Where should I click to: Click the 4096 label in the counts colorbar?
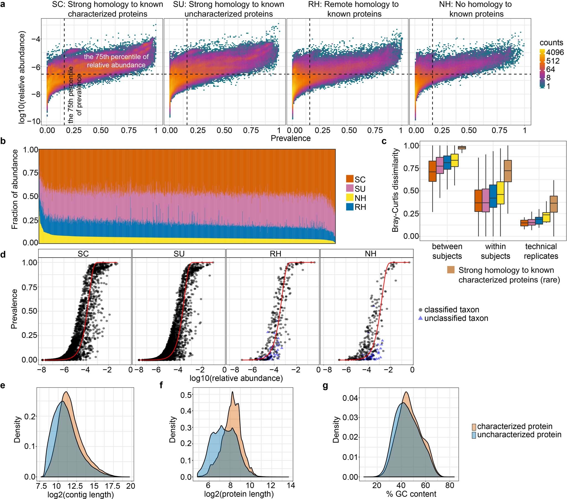[555, 52]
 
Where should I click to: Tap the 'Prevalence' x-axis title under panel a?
[290, 138]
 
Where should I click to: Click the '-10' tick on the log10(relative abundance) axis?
[33, 121]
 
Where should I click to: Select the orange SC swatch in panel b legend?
[350, 179]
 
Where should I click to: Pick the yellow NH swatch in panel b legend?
[350, 198]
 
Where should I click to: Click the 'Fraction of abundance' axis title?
[15, 190]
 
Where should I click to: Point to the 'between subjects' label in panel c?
[447, 251]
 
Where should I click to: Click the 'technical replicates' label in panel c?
[541, 251]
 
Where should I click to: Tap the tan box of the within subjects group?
[508, 171]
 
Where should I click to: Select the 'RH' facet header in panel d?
[275, 254]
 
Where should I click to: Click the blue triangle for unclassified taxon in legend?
[421, 318]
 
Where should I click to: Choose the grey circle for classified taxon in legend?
[421, 309]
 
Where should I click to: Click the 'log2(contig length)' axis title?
[81, 494]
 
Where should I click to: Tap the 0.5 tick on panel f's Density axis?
[186, 395]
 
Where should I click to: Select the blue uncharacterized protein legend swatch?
[474, 435]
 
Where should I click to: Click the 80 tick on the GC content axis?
[450, 485]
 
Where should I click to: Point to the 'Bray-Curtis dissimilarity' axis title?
[395, 190]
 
